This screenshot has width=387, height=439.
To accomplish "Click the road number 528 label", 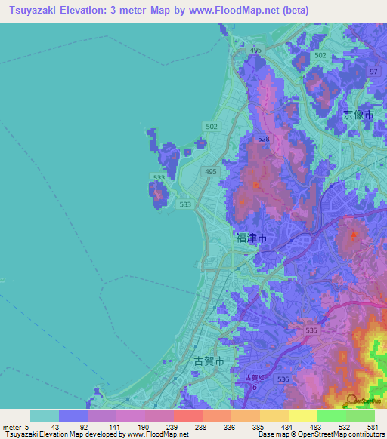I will tap(263, 140).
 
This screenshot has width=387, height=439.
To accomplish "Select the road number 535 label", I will tap(311, 330).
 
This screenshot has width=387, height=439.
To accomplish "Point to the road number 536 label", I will tap(283, 379).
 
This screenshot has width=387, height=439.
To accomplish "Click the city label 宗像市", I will tap(358, 115).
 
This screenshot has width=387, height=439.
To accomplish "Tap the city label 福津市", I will tap(251, 238).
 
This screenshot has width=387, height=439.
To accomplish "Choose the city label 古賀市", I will tap(209, 361).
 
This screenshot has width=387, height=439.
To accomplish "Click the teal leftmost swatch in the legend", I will tap(44, 416).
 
